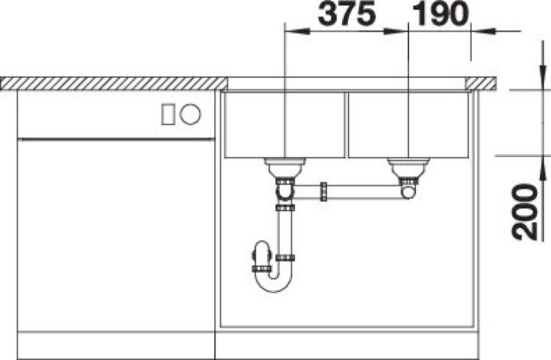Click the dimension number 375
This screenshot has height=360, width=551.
347,13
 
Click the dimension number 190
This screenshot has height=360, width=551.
441,13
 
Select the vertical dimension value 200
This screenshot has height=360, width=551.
525,212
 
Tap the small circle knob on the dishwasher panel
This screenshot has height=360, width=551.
190,114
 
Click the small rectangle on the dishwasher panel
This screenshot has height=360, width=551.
168,114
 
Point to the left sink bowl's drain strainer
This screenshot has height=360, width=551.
285,167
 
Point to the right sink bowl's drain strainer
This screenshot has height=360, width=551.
408,168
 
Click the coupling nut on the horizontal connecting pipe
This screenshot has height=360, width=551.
324,192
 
